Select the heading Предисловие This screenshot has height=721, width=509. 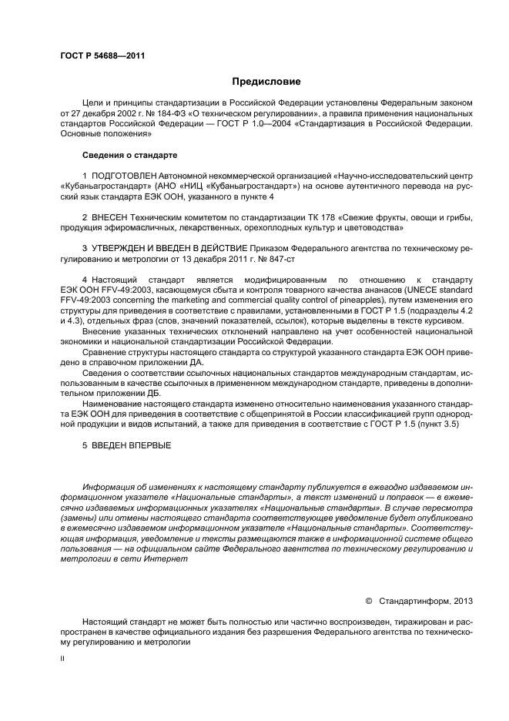coord(266,81)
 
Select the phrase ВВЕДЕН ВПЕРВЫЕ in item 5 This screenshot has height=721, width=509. coord(132,445)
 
